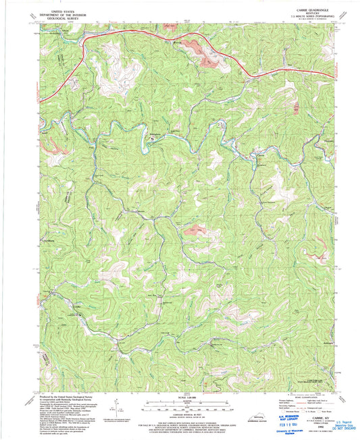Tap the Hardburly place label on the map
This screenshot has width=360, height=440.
click(x=48, y=239)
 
